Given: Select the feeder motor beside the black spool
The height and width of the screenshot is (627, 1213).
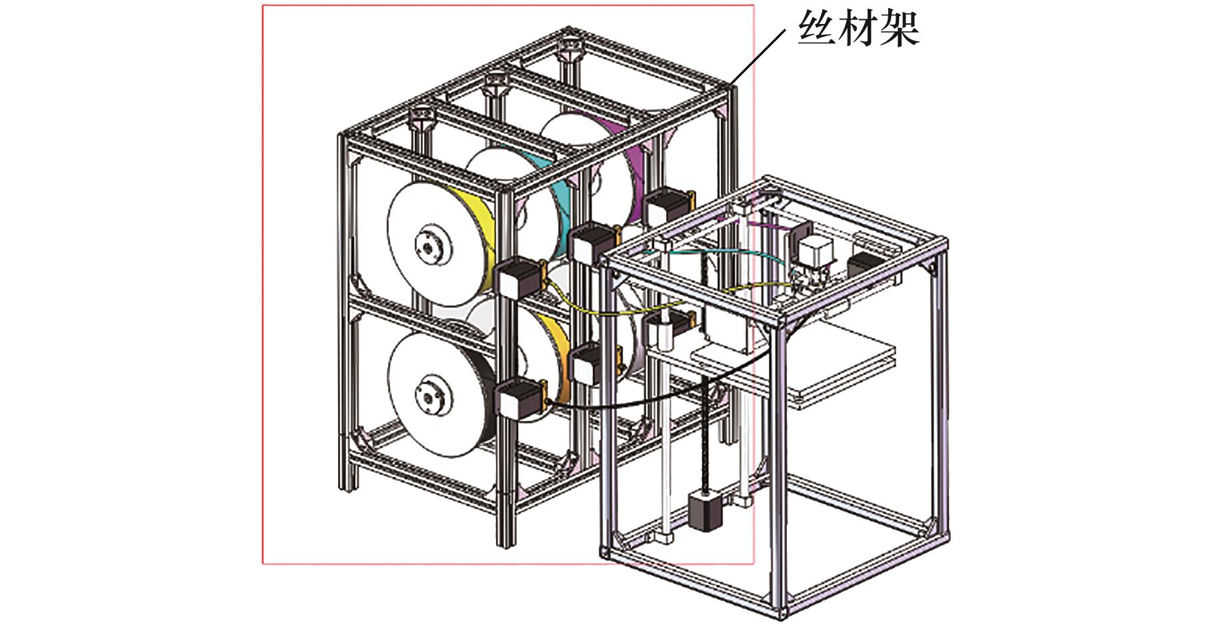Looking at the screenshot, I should (519, 400).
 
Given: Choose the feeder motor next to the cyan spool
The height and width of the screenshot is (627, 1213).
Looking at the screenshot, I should (591, 243).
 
